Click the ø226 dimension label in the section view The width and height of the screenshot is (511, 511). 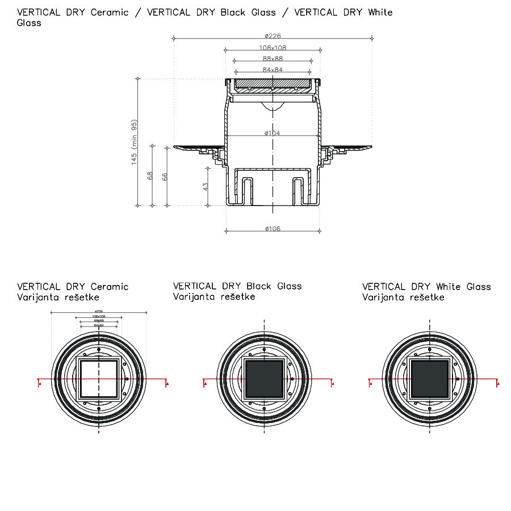coord(272,36)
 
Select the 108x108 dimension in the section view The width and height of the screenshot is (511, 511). coord(273,48)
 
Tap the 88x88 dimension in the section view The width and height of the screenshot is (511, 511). coord(273,58)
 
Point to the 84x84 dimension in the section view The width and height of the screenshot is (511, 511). coord(273,69)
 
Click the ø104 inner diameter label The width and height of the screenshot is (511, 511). coord(272,133)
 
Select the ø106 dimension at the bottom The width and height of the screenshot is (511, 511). coord(272,229)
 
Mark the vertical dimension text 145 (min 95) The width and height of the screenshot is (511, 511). coord(135,142)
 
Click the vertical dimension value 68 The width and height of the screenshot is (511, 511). coord(150,175)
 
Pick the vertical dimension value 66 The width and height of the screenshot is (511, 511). coord(165,175)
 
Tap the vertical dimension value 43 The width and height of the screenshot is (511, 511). coord(206,186)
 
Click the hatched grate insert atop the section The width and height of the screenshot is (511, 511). coord(273,85)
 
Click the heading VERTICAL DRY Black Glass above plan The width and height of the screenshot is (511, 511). coord(237,286)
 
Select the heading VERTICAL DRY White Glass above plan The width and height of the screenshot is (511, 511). coord(426,286)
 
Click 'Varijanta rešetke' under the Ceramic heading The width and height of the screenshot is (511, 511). coord(58,297)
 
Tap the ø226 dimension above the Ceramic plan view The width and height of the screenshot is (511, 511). coord(99,311)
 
